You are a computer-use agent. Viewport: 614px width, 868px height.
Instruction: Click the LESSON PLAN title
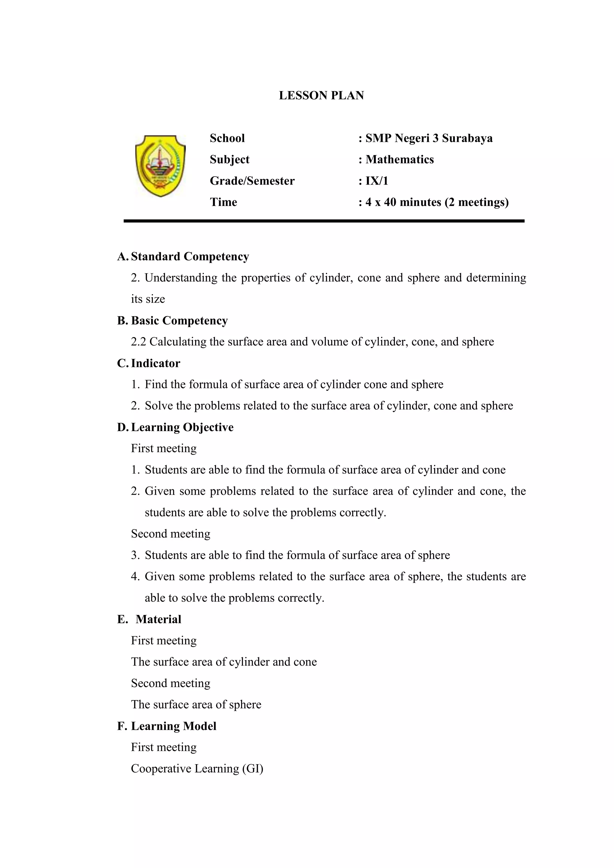coord(321,95)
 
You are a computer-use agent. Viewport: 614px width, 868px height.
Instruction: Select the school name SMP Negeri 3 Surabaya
coord(429,138)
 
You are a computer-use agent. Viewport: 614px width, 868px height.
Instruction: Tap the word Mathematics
coord(400,160)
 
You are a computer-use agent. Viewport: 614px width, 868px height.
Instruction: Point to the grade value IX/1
coord(377,181)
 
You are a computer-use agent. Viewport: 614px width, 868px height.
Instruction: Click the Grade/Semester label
coord(252,181)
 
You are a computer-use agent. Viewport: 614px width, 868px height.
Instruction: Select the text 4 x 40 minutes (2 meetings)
coord(437,202)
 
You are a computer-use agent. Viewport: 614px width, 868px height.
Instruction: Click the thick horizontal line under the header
coord(324,221)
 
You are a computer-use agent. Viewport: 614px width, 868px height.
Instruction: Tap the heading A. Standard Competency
coord(183,257)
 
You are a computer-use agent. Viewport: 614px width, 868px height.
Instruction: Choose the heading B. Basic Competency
coord(173,321)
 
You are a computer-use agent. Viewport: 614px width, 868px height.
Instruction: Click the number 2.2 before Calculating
coord(139,342)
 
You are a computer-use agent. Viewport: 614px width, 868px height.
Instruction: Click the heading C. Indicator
coord(149,363)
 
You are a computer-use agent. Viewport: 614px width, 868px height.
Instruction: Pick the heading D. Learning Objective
coord(175,427)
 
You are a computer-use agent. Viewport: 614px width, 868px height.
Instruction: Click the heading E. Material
coord(150,619)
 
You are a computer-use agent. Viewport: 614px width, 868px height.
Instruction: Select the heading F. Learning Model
coord(167,726)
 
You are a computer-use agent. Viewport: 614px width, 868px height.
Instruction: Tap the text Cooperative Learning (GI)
coord(197,768)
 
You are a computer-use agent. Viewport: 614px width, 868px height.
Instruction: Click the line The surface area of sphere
coord(196,704)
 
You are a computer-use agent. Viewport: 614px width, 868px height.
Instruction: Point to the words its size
coord(148,299)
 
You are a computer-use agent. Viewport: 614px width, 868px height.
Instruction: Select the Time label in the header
coord(223,202)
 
